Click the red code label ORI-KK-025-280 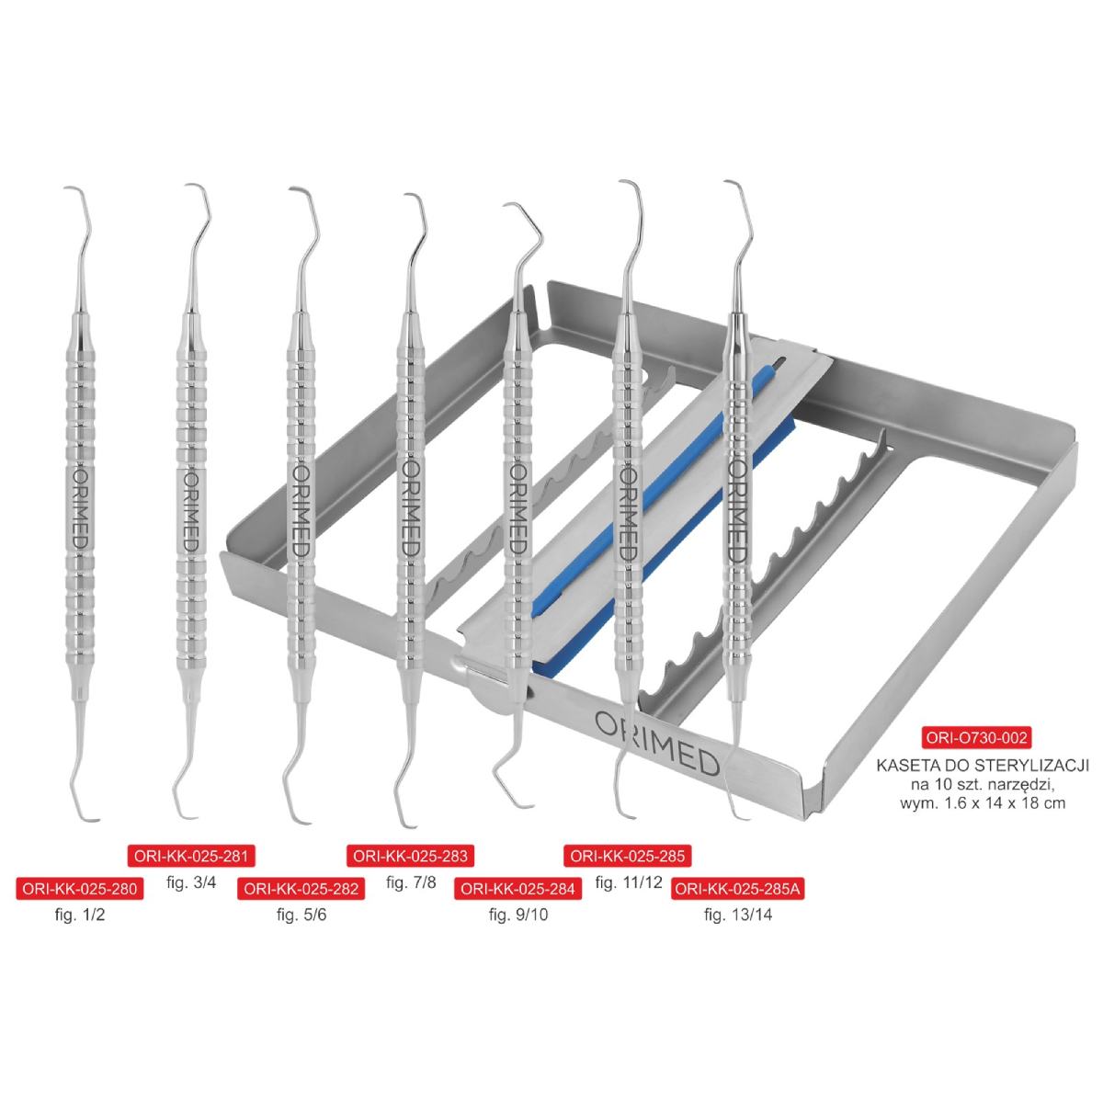pos(80,889)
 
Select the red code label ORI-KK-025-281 pos(190,857)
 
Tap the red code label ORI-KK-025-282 pos(301,889)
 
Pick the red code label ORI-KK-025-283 pos(410,857)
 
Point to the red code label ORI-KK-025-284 pos(518,889)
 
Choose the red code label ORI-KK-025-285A pos(738,889)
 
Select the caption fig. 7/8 pos(411,882)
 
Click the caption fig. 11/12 pos(629,882)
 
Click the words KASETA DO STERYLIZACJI pos(983,766)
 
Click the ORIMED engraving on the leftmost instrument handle pos(82,510)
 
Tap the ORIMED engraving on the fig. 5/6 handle pos(301,510)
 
